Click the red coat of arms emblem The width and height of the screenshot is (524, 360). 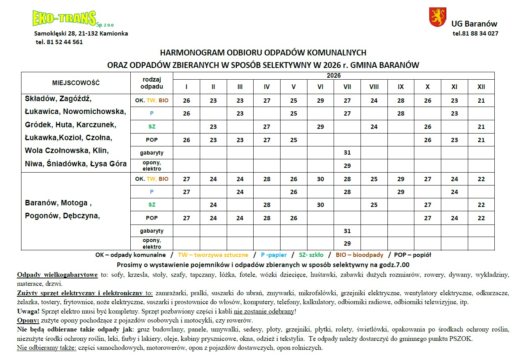pos(437,18)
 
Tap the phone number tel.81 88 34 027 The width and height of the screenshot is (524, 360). pos(475,34)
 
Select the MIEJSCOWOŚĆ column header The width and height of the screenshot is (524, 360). pos(76,83)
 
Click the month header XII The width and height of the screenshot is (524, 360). pos(481,87)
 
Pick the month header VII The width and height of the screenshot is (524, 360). pos(347,87)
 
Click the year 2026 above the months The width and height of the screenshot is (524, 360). pos(334,75)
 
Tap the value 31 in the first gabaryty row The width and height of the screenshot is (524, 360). pos(347,153)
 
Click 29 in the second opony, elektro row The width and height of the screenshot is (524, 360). pos(347,243)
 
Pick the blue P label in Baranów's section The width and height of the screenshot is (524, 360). pos(152,192)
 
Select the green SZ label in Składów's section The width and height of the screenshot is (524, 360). pos(152,127)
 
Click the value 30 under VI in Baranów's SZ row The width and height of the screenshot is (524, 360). pos(320,205)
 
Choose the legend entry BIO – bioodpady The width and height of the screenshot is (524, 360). pos(359,255)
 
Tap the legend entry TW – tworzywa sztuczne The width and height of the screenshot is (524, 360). pos(213,255)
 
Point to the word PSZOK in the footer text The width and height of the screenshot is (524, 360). pos(463,339)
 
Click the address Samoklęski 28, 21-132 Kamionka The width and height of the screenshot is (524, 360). pos(81,34)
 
